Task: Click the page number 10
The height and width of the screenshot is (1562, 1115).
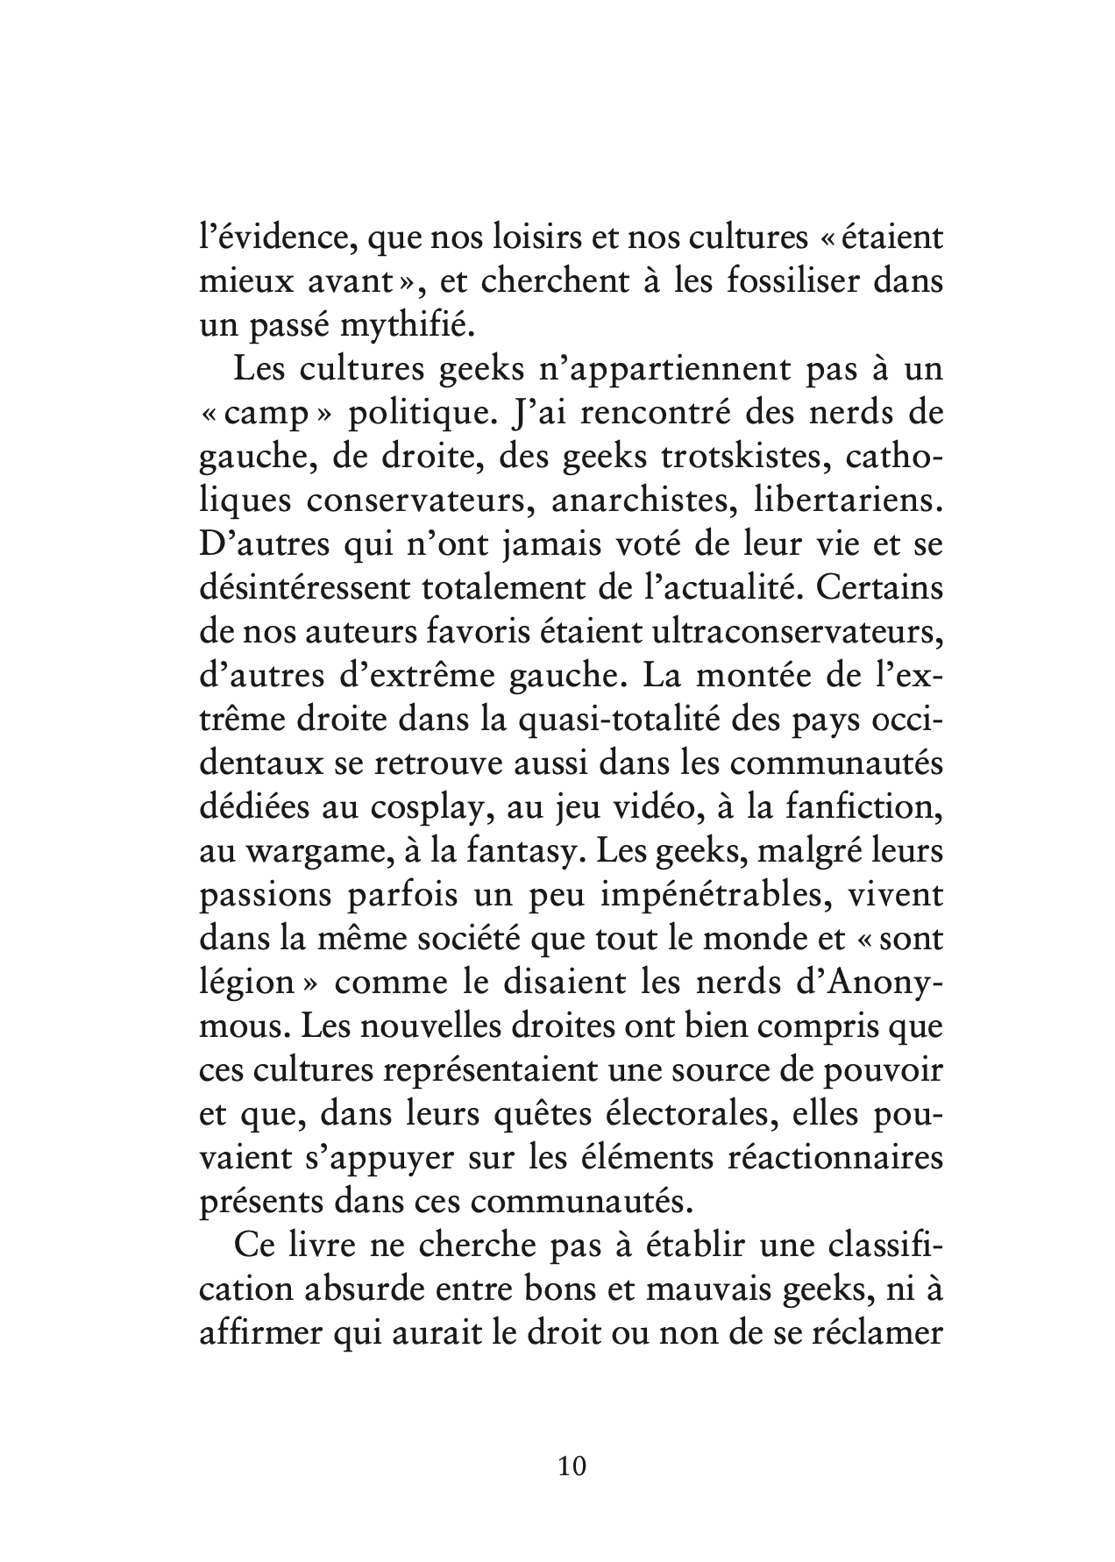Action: (x=571, y=1465)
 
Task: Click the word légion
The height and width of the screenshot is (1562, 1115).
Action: (x=245, y=983)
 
